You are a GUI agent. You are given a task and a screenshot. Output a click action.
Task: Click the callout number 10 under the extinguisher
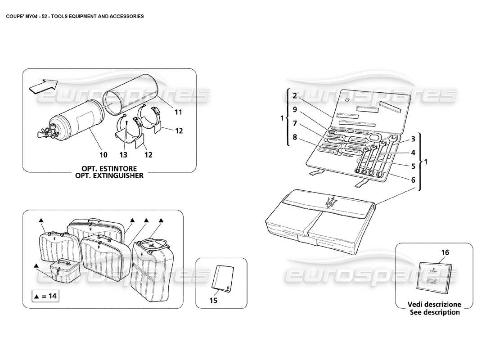tap(103, 155)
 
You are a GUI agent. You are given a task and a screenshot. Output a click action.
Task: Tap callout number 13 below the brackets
tap(124, 155)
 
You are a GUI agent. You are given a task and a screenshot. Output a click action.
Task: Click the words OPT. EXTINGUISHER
tap(110, 175)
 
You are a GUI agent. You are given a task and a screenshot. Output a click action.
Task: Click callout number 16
tap(445, 253)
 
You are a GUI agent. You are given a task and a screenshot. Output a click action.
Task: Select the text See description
tap(434, 312)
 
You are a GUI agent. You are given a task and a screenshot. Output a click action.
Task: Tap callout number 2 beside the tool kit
tap(294, 96)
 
